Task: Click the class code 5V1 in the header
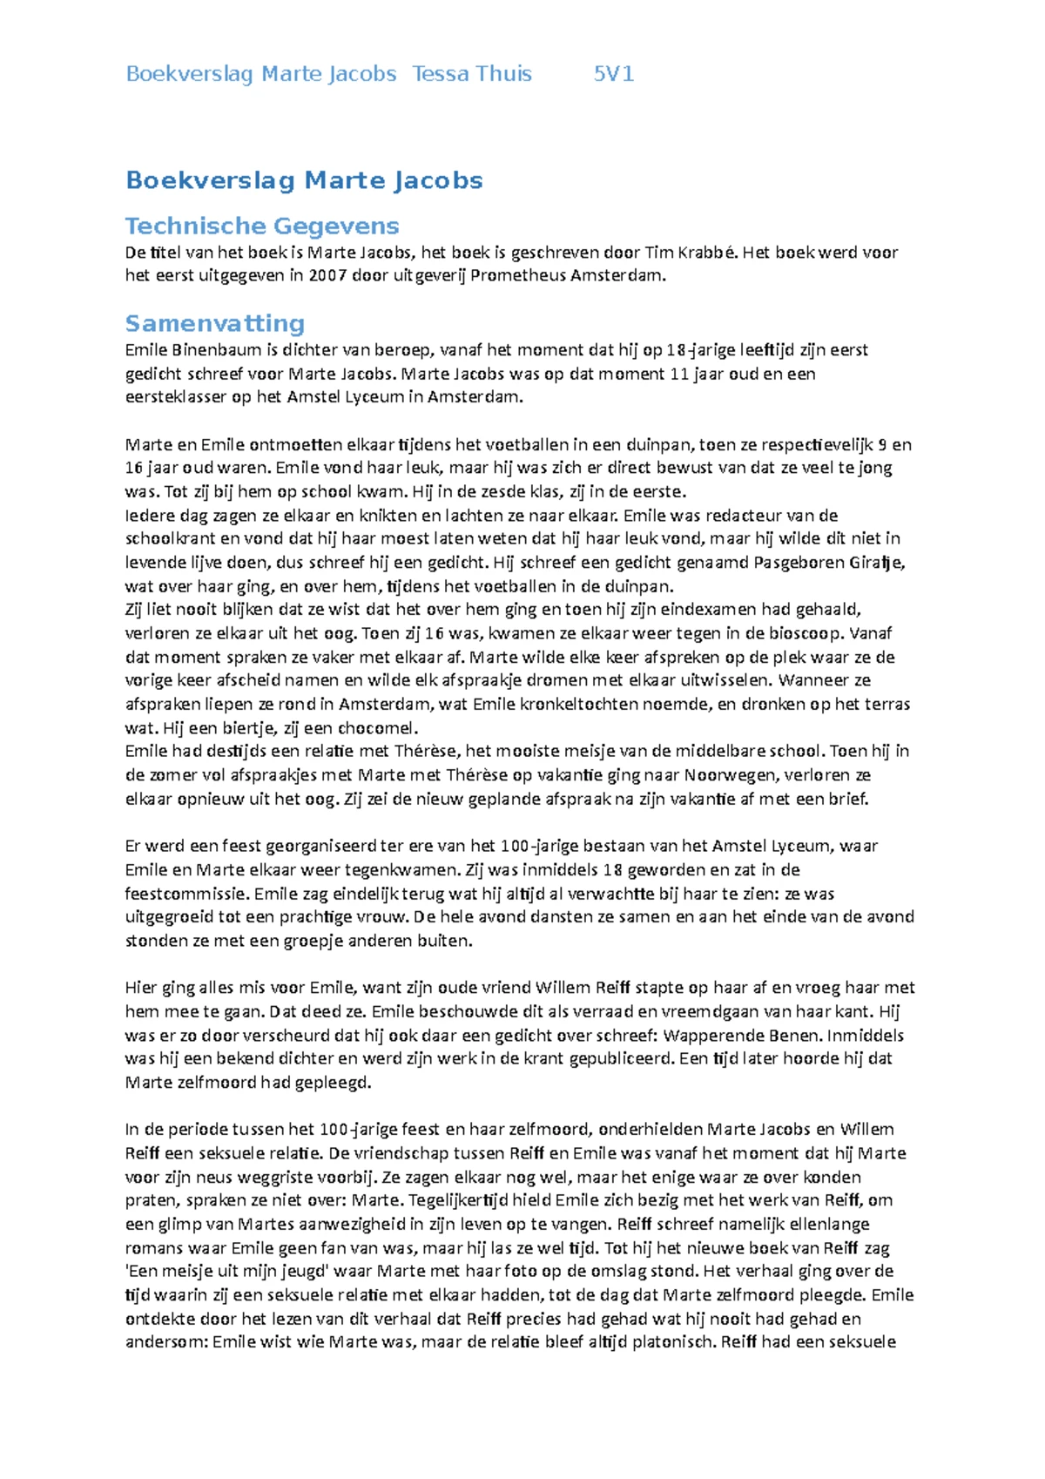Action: (613, 74)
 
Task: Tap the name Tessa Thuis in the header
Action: (472, 74)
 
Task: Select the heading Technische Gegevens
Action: (261, 226)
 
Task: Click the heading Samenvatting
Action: (214, 324)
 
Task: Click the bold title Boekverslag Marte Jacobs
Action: (304, 180)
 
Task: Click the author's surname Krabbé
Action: (713, 253)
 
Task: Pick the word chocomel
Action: (378, 728)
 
